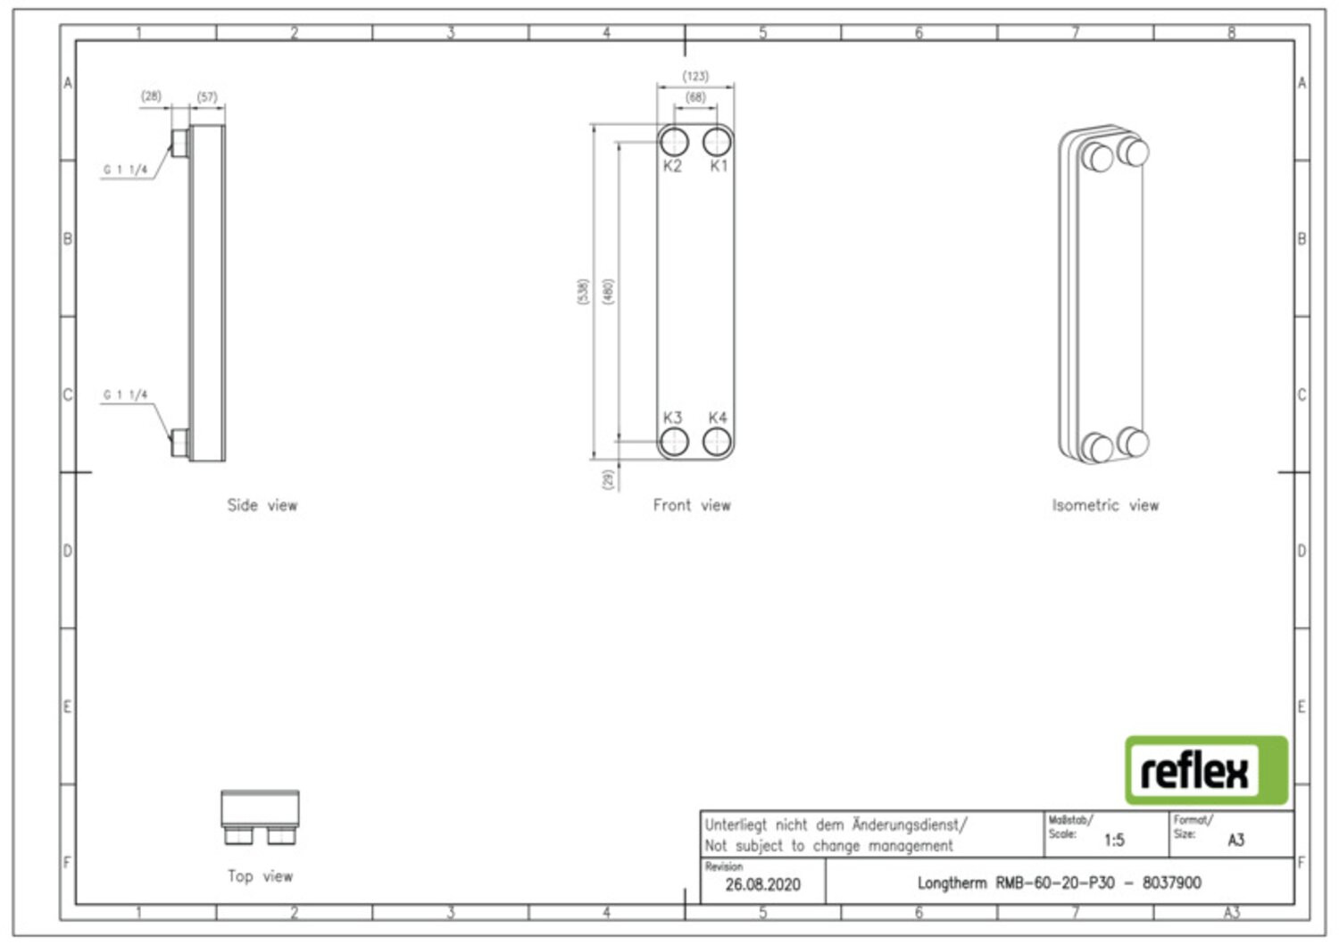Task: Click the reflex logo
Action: tap(1206, 770)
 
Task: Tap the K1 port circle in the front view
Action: tap(717, 142)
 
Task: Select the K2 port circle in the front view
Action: tap(674, 142)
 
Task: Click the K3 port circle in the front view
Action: tap(674, 442)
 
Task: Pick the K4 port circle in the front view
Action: tap(717, 442)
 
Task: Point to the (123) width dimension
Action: tap(695, 77)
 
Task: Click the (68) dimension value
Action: tap(695, 97)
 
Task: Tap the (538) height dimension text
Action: tap(583, 292)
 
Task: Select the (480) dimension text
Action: tap(608, 292)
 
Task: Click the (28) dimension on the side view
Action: tap(151, 95)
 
